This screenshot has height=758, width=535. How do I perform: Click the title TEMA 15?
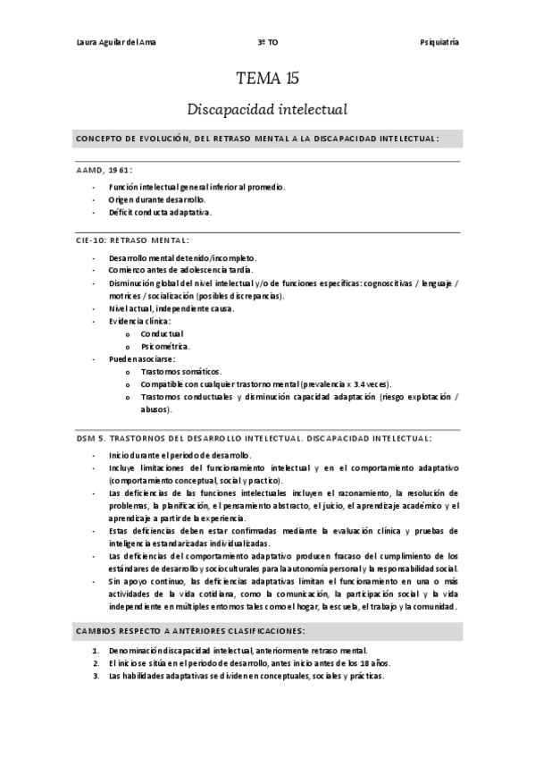(x=267, y=79)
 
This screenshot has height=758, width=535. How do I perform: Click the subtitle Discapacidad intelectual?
(x=267, y=110)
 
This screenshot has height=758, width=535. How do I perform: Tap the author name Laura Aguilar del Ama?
(x=119, y=43)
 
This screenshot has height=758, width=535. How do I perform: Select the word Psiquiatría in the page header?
(x=439, y=43)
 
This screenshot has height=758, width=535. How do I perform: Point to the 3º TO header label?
(x=267, y=43)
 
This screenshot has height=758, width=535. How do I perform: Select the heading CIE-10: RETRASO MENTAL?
(x=132, y=240)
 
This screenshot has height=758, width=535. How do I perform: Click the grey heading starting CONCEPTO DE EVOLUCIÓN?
(x=257, y=139)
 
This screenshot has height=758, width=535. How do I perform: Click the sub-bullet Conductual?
(x=162, y=333)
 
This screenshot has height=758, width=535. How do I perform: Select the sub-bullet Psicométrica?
(x=165, y=345)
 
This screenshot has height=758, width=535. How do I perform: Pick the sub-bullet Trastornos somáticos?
(x=181, y=370)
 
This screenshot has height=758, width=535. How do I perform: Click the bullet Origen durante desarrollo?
(x=156, y=199)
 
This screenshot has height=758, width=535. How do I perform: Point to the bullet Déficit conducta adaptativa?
(x=162, y=212)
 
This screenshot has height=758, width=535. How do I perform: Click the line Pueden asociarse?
(x=143, y=358)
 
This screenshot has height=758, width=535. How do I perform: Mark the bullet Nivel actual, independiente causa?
(x=171, y=307)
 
